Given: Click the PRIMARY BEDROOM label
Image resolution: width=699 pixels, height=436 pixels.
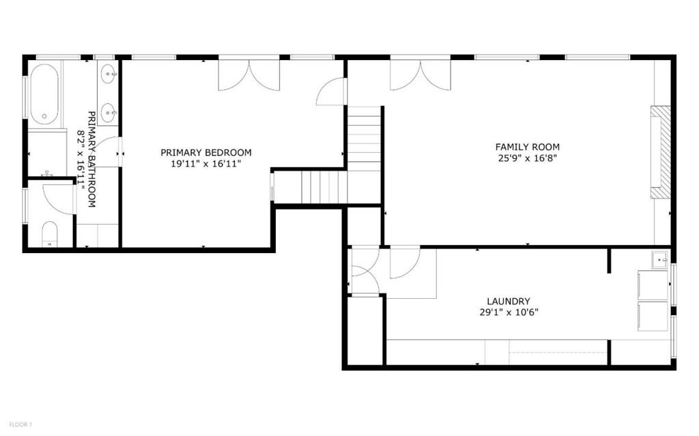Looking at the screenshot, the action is point(206,152).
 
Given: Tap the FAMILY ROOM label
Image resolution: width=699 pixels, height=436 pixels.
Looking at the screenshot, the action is point(528,147).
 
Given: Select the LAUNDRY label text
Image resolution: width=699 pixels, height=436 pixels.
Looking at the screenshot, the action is point(509,302).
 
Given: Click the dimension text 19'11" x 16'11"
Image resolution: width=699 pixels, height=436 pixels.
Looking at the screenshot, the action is point(206,164).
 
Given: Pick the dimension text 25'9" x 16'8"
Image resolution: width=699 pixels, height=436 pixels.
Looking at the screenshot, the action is point(528,158).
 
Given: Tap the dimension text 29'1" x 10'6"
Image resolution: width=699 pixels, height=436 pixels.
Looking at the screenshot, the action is point(509,312).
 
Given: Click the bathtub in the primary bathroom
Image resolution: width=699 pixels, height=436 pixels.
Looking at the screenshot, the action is point(44,94).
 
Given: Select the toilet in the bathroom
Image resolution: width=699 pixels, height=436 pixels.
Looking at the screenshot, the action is point(49,234).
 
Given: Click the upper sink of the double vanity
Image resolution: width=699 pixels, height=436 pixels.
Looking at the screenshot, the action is point(109,74).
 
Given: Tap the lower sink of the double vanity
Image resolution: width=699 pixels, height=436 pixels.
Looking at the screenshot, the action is point(109,113).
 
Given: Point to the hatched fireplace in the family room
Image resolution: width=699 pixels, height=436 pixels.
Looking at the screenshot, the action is point(660,152).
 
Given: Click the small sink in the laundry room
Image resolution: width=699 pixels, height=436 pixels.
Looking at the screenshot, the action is point(660,259).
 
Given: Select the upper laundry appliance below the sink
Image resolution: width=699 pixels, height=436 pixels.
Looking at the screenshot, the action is point(653,285).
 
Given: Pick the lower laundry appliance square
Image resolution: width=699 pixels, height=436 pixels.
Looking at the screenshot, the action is point(653,317).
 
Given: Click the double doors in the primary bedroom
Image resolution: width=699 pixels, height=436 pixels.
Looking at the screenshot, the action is point(248,75).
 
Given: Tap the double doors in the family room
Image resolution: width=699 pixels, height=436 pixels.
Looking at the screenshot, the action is point(420,75).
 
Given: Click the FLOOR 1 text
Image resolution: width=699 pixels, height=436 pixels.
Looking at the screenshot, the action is point(20,424).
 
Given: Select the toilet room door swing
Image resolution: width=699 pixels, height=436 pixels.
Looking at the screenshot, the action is point(59,199).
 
